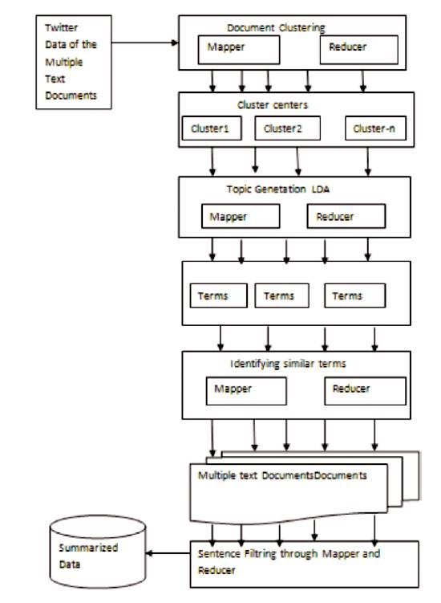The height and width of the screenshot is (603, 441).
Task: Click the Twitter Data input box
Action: point(74,63)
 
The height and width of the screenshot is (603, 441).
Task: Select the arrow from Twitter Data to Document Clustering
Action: point(145,43)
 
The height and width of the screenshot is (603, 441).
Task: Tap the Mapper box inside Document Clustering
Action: point(239,50)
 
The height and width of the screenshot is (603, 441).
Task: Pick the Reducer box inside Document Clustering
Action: point(358,50)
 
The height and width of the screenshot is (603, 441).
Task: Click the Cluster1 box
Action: point(212,128)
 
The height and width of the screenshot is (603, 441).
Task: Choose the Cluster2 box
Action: point(287,128)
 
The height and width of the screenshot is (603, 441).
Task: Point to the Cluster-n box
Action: point(375,128)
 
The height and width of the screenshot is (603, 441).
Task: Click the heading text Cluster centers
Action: point(273,105)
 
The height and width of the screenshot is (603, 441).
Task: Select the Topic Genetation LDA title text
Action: point(277,189)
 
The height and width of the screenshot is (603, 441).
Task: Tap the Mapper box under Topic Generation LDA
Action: point(241,216)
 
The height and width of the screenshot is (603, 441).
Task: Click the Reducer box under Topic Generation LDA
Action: point(346,216)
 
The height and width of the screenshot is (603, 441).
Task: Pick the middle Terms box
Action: point(281,295)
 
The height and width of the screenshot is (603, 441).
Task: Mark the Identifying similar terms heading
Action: point(288,364)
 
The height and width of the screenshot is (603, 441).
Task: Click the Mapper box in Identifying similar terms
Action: point(246,391)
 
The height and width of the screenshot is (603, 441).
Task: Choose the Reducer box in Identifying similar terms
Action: point(365,391)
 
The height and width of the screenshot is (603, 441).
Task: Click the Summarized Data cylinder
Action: point(98,552)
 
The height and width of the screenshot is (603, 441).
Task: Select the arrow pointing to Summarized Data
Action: point(168,553)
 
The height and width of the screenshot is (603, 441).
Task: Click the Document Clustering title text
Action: point(276,28)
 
